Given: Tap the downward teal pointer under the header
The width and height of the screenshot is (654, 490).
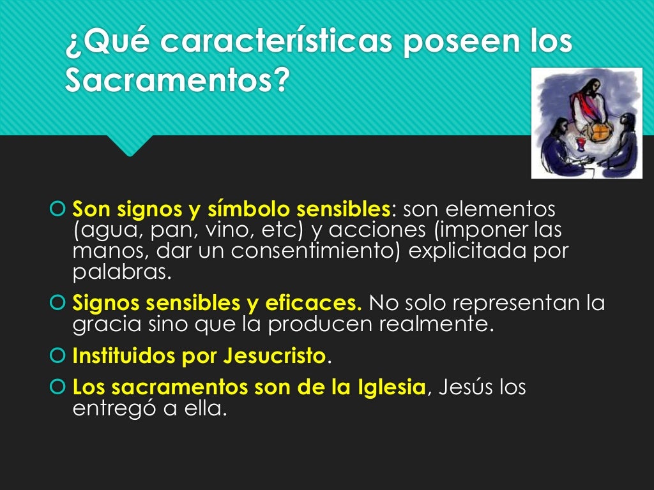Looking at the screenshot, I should [130, 145].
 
